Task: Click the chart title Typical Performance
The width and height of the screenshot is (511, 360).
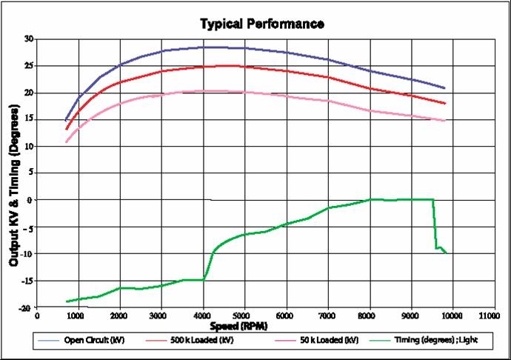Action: pos(261,24)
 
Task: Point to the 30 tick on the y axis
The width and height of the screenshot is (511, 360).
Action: pos(28,39)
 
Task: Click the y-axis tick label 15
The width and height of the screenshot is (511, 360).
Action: pos(28,119)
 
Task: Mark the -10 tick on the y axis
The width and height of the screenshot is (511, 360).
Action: pos(27,254)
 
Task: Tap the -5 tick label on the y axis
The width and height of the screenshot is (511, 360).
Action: pos(28,227)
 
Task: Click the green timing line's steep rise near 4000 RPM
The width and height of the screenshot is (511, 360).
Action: pos(210,263)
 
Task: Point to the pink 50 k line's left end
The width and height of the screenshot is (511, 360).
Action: pos(66,141)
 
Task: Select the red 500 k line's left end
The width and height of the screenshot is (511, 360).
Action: pos(66,129)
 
